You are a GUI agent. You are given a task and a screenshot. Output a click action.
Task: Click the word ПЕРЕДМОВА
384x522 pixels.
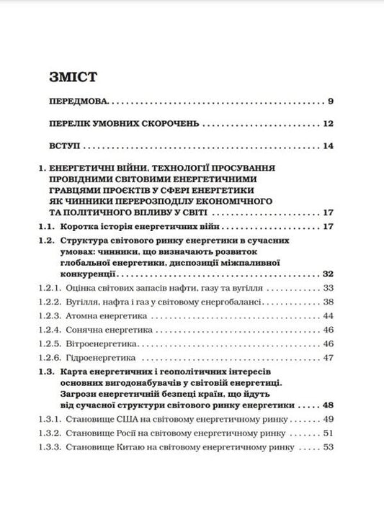pos(80,101)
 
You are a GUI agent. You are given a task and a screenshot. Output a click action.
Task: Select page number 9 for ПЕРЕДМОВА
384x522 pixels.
pos(330,101)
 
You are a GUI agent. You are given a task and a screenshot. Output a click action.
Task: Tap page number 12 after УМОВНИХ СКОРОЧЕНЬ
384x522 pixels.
pos(328,124)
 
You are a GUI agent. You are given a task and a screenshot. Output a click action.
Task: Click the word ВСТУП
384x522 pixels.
pos(64,147)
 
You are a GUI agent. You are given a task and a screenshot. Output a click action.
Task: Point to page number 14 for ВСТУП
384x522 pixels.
pos(328,147)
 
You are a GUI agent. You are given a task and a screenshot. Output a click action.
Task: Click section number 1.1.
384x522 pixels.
pos(47,228)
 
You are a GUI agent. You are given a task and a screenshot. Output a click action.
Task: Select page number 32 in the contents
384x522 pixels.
pos(328,274)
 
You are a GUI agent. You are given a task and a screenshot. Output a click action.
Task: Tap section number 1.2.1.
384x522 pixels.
pos(50,287)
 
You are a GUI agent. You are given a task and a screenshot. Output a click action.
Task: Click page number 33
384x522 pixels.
pos(329,287)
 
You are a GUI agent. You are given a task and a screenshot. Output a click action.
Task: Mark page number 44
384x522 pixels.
pos(329,316)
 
